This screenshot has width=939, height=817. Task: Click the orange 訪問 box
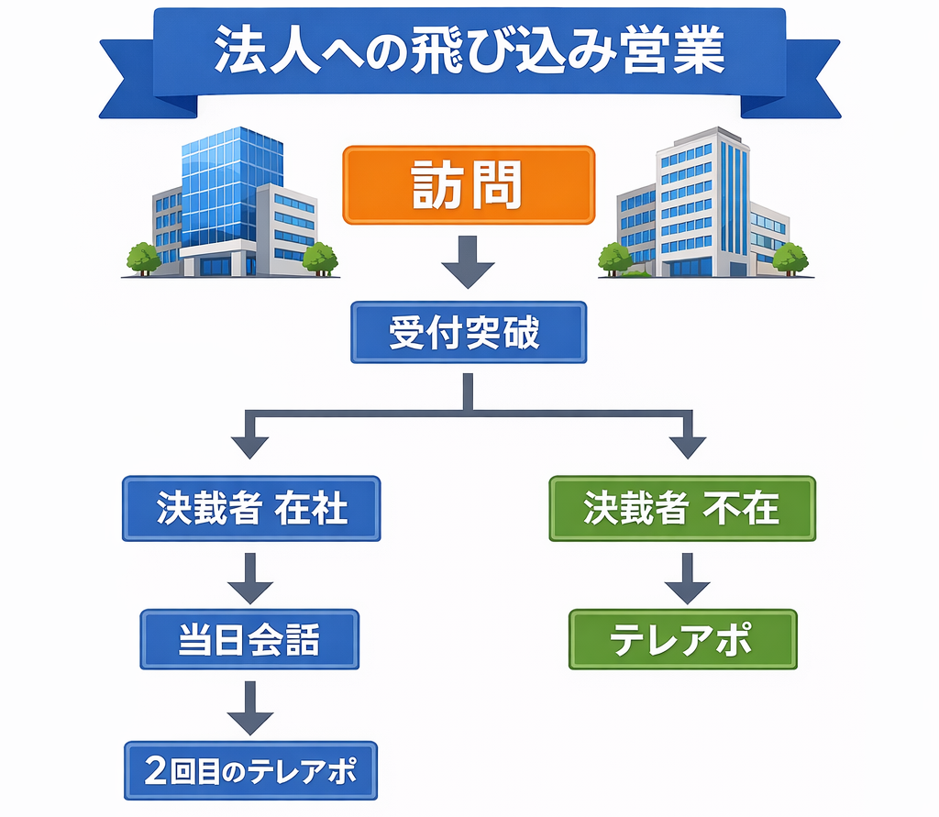point(469,185)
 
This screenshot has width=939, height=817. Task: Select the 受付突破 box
point(469,333)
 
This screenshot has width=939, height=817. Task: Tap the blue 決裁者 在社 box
point(251,508)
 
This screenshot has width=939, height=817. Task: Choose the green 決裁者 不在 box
point(681,508)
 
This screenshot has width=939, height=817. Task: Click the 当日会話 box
point(249,640)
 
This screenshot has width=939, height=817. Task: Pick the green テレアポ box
point(682,640)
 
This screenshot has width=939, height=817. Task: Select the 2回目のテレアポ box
point(250,771)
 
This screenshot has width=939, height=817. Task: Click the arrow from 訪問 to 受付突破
point(469,261)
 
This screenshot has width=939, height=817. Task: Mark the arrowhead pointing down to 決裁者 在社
point(250,447)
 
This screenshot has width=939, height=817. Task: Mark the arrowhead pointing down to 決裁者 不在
point(682,447)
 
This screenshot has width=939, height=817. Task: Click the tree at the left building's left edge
point(143,258)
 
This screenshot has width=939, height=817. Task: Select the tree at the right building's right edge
point(790,258)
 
